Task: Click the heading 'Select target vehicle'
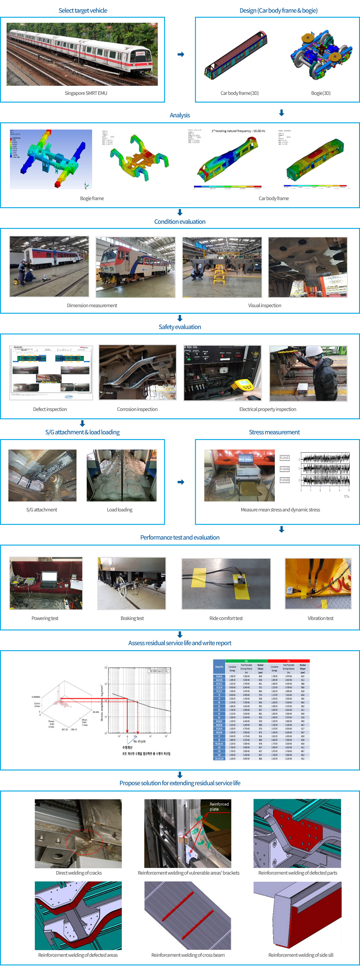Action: point(82,10)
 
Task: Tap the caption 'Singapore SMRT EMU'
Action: point(86,93)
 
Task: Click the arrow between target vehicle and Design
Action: point(181,55)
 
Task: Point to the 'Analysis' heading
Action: point(180,115)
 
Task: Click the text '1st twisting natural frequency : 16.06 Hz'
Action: point(238,131)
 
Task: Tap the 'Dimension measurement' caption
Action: point(92,305)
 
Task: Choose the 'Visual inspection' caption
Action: point(265,305)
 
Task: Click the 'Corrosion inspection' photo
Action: point(137,372)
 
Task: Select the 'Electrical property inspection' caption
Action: point(268,409)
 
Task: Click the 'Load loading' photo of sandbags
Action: point(121,475)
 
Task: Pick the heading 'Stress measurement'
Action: point(274,432)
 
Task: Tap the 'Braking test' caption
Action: point(132,618)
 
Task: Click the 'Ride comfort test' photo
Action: point(226,583)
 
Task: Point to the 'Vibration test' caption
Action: point(320,618)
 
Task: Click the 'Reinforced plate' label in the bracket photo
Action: point(219,806)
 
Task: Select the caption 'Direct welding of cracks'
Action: point(79,873)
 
